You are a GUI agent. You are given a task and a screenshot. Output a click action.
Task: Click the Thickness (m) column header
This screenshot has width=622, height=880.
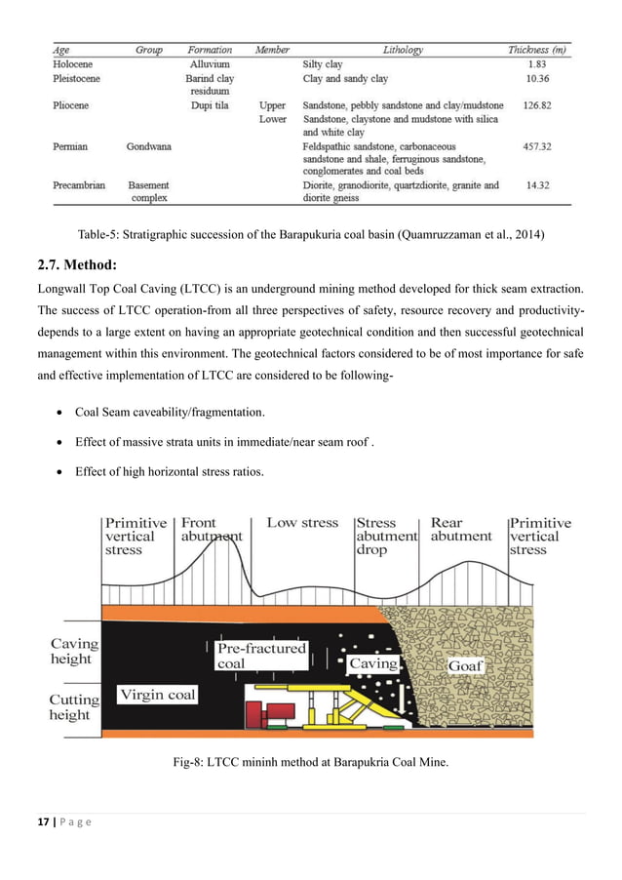pyautogui.click(x=537, y=50)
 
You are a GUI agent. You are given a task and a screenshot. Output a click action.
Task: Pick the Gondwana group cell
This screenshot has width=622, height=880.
pyautogui.click(x=148, y=146)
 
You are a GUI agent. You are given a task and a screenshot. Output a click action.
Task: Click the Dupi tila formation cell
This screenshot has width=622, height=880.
pyautogui.click(x=210, y=104)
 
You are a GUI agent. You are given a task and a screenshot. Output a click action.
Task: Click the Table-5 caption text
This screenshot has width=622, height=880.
pyautogui.click(x=311, y=234)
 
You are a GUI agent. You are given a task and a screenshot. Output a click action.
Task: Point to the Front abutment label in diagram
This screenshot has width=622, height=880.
pyautogui.click(x=211, y=530)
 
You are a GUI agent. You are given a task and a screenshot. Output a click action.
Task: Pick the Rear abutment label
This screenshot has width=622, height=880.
pyautogui.click(x=461, y=530)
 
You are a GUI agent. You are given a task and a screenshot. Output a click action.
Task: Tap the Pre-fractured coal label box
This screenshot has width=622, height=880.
pyautogui.click(x=260, y=655)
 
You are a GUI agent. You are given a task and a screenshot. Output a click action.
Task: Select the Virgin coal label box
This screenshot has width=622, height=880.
pyautogui.click(x=158, y=695)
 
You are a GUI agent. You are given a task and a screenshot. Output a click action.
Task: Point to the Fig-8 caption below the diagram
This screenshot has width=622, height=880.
pyautogui.click(x=310, y=762)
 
